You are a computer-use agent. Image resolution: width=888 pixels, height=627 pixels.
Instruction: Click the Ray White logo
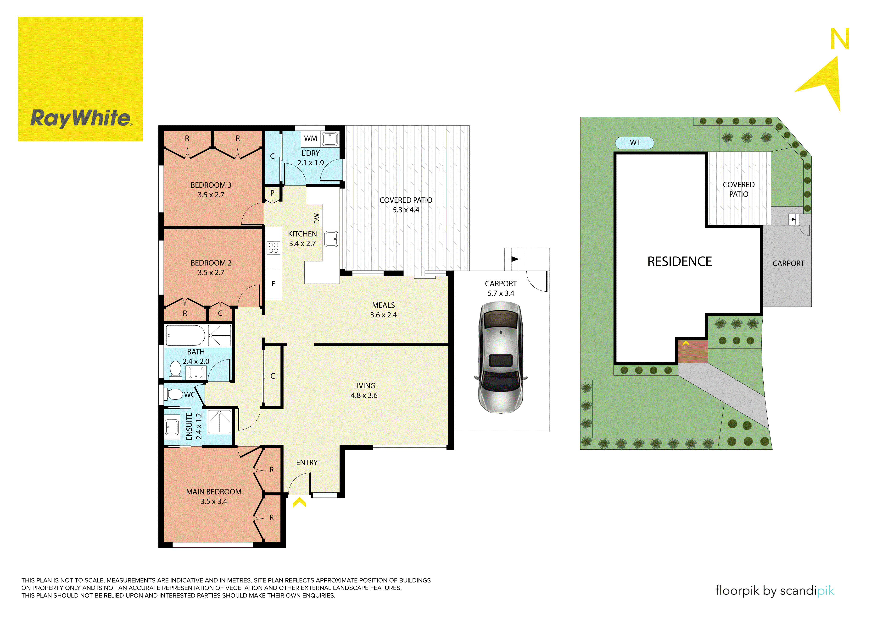(x=80, y=79)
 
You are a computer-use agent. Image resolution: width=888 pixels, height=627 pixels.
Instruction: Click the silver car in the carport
(x=501, y=357)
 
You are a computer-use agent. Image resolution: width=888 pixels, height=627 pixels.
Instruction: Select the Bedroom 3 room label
(x=211, y=190)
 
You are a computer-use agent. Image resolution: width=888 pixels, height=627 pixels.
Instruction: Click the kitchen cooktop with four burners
(x=273, y=248)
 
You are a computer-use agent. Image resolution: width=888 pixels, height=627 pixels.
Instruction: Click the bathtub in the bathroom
(x=185, y=335)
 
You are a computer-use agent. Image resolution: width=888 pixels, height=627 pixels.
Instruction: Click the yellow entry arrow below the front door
(x=299, y=502)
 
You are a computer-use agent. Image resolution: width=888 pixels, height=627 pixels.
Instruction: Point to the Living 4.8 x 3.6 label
(x=364, y=390)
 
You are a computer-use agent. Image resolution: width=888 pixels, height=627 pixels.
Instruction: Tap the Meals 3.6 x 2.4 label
(x=383, y=310)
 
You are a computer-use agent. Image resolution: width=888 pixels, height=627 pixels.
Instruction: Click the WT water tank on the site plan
(x=635, y=142)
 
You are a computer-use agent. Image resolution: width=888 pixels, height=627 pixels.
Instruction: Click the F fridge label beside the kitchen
(x=273, y=284)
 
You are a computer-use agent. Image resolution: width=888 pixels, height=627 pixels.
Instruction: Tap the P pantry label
(x=272, y=193)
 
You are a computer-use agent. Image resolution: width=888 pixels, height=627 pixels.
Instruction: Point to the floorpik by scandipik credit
(x=774, y=591)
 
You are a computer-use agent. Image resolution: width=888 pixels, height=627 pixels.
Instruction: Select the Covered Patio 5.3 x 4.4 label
(x=406, y=205)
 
